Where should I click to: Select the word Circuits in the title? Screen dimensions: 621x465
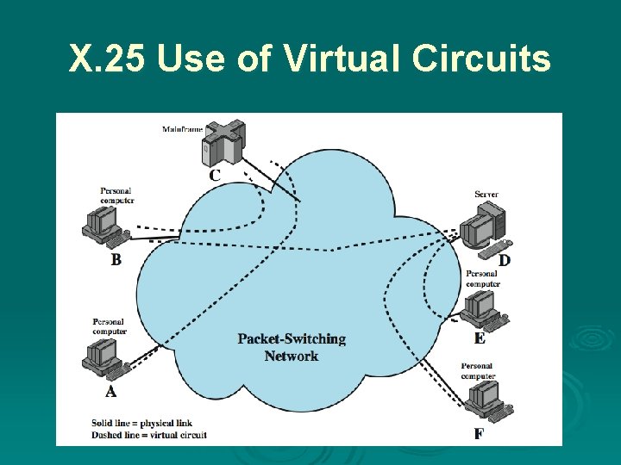pos(481,59)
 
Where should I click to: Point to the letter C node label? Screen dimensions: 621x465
pos(215,175)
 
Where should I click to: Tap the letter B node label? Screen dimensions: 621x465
pos(116,259)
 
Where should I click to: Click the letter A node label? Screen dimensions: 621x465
pos(110,392)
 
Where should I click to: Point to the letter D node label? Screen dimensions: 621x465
pos(505,260)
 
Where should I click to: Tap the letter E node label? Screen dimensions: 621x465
pos(480,338)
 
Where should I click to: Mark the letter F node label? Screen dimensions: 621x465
pos(478,434)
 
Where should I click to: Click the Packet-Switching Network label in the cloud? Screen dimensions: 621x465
pos(292,347)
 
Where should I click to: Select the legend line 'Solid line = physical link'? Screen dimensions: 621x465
pos(141,423)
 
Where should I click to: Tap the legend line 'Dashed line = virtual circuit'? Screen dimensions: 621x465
pos(148,435)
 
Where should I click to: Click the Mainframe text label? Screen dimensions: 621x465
pos(182,129)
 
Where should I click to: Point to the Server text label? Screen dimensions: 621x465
pos(486,195)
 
